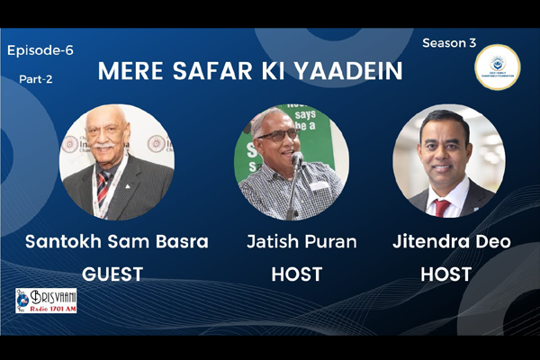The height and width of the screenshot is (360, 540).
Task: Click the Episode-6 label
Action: tap(40, 50)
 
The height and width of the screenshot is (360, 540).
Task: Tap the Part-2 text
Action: tap(36, 79)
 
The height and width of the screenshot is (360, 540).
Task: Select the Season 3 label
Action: tap(449, 42)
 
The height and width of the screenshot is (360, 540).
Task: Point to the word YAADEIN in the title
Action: tap(346, 72)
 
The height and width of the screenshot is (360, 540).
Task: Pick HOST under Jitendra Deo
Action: tap(447, 274)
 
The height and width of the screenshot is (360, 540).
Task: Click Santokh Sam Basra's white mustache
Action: tap(103, 148)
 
